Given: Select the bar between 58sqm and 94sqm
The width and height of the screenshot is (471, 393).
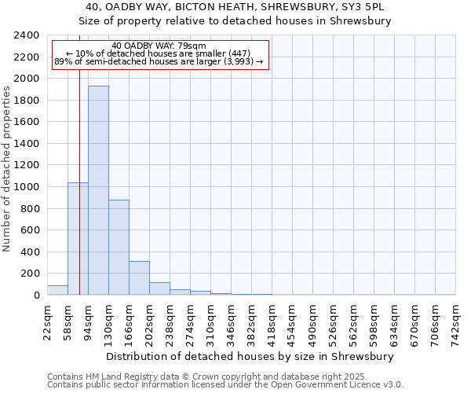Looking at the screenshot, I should coord(78,239).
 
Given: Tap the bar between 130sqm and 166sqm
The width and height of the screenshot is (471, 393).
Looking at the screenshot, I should coord(119,248).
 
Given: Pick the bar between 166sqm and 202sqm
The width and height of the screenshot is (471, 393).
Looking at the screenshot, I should coord(139,278).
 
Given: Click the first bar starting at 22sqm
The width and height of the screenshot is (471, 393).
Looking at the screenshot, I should coord(57,290).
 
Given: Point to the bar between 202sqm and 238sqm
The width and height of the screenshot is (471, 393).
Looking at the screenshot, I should coord(159,288).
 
